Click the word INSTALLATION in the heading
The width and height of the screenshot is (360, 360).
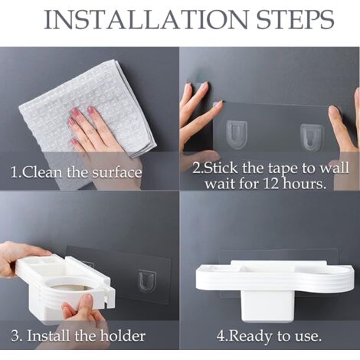tap(146, 20)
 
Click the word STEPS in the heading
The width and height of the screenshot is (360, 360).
tap(295, 20)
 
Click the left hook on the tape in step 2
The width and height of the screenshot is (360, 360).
tap(237, 135)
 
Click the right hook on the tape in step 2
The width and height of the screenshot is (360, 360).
tap(312, 137)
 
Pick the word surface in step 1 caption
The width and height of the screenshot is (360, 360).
tap(116, 172)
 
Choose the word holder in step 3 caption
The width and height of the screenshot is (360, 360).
tap(123, 335)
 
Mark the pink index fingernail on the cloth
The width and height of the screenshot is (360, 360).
tap(91, 110)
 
